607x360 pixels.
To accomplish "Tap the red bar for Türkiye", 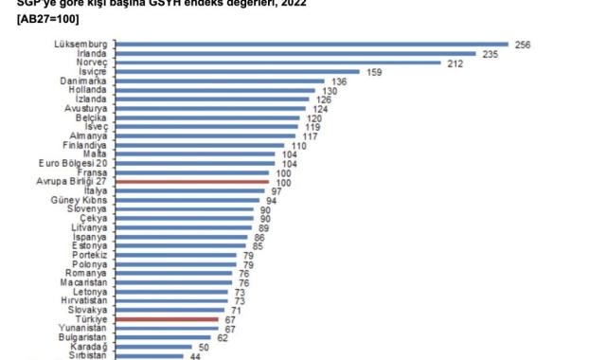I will coord(166,320).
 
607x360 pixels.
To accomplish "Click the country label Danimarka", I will coord(84,81).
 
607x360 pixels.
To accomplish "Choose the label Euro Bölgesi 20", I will coord(78,163).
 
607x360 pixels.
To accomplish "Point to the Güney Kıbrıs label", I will coord(80,200).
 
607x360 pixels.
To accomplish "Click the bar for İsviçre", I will coord(237,72).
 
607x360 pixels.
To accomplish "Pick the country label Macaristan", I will coord(84,282).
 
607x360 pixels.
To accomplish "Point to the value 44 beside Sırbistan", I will coord(194,356).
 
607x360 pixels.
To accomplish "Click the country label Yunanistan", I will coord(85,329).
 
